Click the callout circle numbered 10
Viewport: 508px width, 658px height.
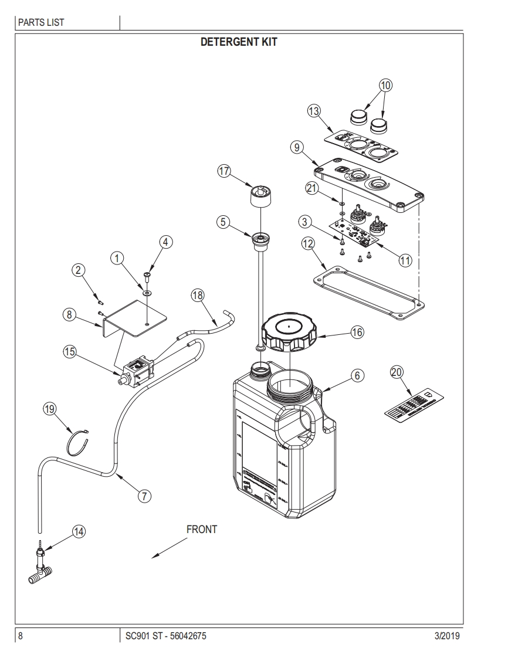tap(385, 85)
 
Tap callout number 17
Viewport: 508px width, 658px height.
tap(224, 171)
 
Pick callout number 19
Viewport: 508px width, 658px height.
tap(49, 409)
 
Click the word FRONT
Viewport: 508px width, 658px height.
tap(201, 530)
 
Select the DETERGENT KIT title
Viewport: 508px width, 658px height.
tap(239, 42)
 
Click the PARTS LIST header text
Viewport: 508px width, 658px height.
tap(41, 23)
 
